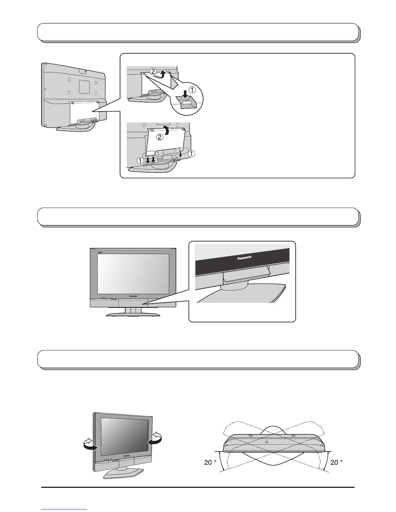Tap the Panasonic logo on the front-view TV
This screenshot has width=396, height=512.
pyautogui.click(x=133, y=296)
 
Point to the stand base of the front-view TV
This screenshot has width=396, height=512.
pyautogui.click(x=133, y=315)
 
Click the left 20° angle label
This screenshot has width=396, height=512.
pyautogui.click(x=210, y=463)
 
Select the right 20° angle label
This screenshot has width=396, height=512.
pyautogui.click(x=336, y=463)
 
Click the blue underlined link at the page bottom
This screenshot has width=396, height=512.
pyautogui.click(x=64, y=510)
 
